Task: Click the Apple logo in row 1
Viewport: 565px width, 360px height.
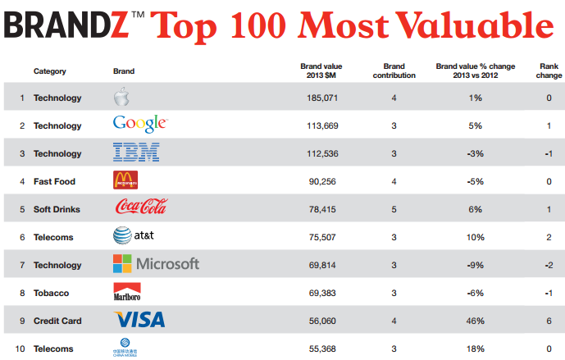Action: (121, 98)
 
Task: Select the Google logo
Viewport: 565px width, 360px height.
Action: (140, 125)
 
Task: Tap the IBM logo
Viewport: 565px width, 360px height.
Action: (135, 153)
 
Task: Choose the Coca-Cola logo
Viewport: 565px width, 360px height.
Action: (142, 208)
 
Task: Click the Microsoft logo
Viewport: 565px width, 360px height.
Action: (156, 264)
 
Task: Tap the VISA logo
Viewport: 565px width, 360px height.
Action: (139, 320)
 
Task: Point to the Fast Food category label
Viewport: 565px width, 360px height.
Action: (56, 182)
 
